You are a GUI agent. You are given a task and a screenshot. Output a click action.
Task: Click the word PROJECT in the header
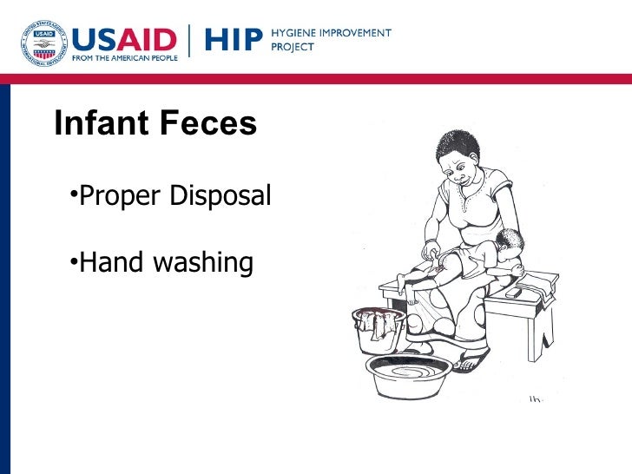[x=293, y=49]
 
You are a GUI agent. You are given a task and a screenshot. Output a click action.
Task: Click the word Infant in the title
[x=99, y=124]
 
